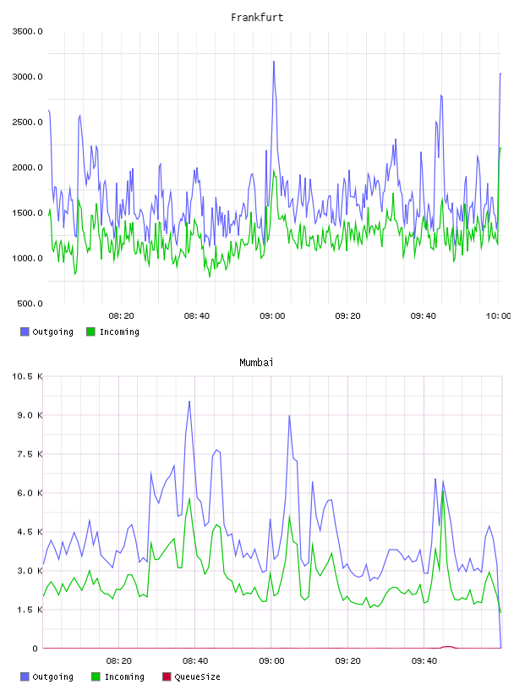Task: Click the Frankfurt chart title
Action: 257,17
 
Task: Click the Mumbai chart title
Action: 256,362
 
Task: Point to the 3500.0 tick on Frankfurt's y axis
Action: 27,31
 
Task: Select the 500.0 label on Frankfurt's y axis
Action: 30,304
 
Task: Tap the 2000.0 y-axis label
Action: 27,167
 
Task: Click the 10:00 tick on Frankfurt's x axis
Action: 498,315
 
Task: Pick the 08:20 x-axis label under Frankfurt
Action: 122,315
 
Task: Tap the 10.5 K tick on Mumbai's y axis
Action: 27,376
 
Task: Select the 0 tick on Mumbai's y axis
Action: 35,649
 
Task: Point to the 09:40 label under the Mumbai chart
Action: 424,660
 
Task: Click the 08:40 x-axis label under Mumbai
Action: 195,660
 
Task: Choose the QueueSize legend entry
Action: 191,676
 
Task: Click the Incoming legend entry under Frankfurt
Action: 113,331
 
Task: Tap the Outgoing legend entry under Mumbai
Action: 47,676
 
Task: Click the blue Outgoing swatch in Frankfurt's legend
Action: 25,331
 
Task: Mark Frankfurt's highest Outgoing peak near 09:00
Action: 274,62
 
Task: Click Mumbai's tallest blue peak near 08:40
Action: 189,402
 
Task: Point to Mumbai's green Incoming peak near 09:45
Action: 443,491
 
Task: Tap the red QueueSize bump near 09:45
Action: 448,647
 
